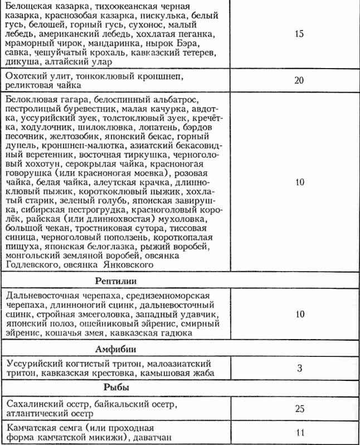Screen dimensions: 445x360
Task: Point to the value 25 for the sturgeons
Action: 299,408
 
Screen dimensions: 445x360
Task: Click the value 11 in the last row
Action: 299,432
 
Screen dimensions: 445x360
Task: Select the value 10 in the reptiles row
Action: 299,314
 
